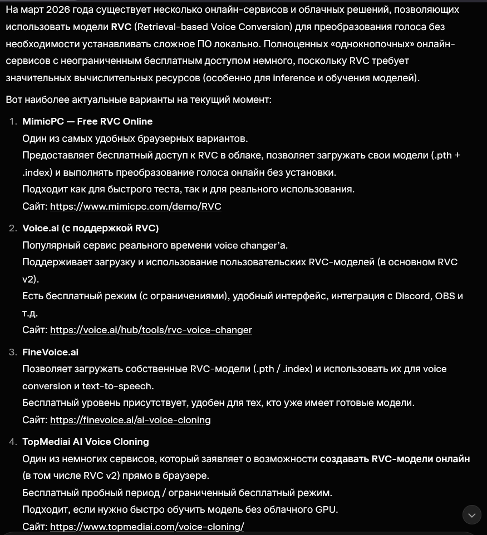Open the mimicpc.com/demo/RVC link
pos(135,206)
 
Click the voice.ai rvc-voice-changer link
pos(151,330)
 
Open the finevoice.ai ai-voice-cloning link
pos(130,420)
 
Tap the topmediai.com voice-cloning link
pos(147,527)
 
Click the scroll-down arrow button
pos(472,514)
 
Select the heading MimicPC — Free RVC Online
pos(87,121)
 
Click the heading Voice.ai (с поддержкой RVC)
pos(90,228)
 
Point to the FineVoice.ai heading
pos(50,352)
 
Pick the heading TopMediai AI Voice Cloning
pos(86,442)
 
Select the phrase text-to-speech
pos(117,386)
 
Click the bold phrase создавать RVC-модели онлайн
pos(395,459)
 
